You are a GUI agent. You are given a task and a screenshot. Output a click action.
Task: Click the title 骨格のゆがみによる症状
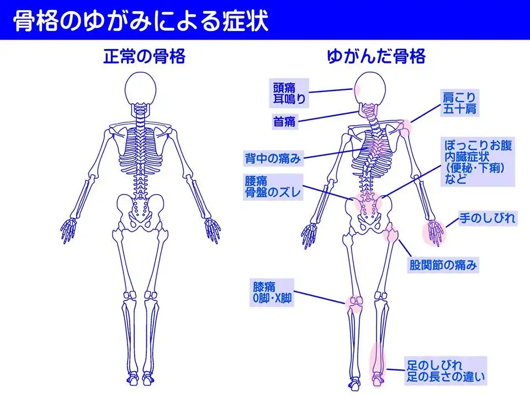(141, 21)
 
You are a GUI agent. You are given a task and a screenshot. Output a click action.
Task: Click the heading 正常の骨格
(144, 56)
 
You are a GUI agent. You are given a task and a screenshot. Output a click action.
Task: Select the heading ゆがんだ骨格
(376, 56)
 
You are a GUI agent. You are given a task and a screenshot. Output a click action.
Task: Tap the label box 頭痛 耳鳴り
(289, 93)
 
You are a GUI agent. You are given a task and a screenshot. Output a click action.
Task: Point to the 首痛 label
(284, 121)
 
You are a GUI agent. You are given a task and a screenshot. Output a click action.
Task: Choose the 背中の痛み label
(273, 158)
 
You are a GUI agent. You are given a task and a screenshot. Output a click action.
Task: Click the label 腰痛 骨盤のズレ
(273, 187)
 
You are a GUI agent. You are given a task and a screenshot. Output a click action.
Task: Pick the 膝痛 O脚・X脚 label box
(272, 292)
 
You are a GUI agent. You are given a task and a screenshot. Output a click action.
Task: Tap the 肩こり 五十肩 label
(459, 103)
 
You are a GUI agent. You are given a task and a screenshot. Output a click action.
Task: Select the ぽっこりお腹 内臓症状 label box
(478, 162)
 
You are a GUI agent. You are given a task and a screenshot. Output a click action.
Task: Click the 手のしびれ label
(487, 218)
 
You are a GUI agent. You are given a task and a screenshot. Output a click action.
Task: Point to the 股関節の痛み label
(443, 265)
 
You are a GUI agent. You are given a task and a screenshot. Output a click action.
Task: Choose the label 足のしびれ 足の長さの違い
(446, 371)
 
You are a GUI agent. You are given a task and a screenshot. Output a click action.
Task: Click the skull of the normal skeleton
(140, 88)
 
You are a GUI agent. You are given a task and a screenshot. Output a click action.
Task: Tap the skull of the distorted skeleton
(369, 88)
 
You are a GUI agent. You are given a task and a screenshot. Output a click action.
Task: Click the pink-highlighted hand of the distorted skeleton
(434, 232)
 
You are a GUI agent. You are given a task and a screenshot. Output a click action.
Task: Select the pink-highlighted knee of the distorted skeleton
(354, 303)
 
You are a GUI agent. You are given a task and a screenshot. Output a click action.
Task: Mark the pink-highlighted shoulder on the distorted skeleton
(404, 128)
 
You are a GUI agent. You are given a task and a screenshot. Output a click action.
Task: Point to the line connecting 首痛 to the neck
(328, 116)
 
